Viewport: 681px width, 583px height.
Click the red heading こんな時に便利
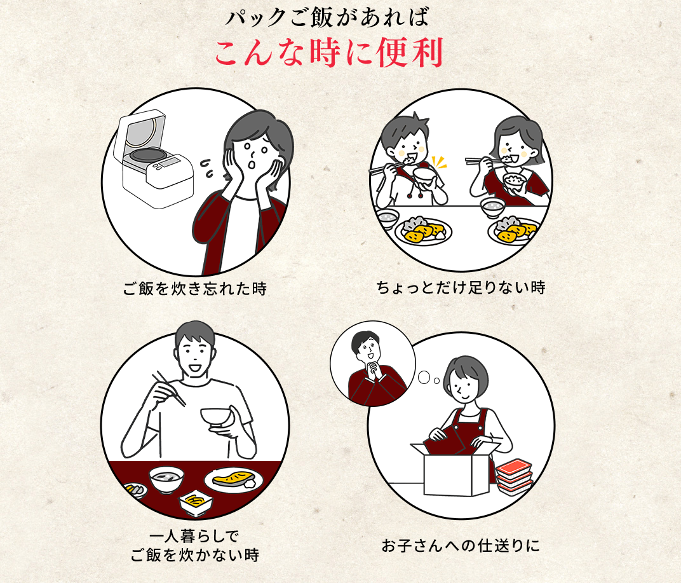[329, 52]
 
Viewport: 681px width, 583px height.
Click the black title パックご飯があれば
[327, 18]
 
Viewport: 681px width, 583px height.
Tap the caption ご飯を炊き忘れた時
[194, 288]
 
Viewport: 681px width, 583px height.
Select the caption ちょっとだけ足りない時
[461, 287]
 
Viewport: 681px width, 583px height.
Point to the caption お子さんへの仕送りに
[461, 545]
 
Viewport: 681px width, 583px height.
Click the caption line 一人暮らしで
[194, 535]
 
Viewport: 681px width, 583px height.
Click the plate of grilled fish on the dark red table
[234, 480]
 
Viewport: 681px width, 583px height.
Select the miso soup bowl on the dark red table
[166, 479]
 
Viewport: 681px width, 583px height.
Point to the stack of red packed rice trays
[514, 477]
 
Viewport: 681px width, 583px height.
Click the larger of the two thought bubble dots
[424, 378]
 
